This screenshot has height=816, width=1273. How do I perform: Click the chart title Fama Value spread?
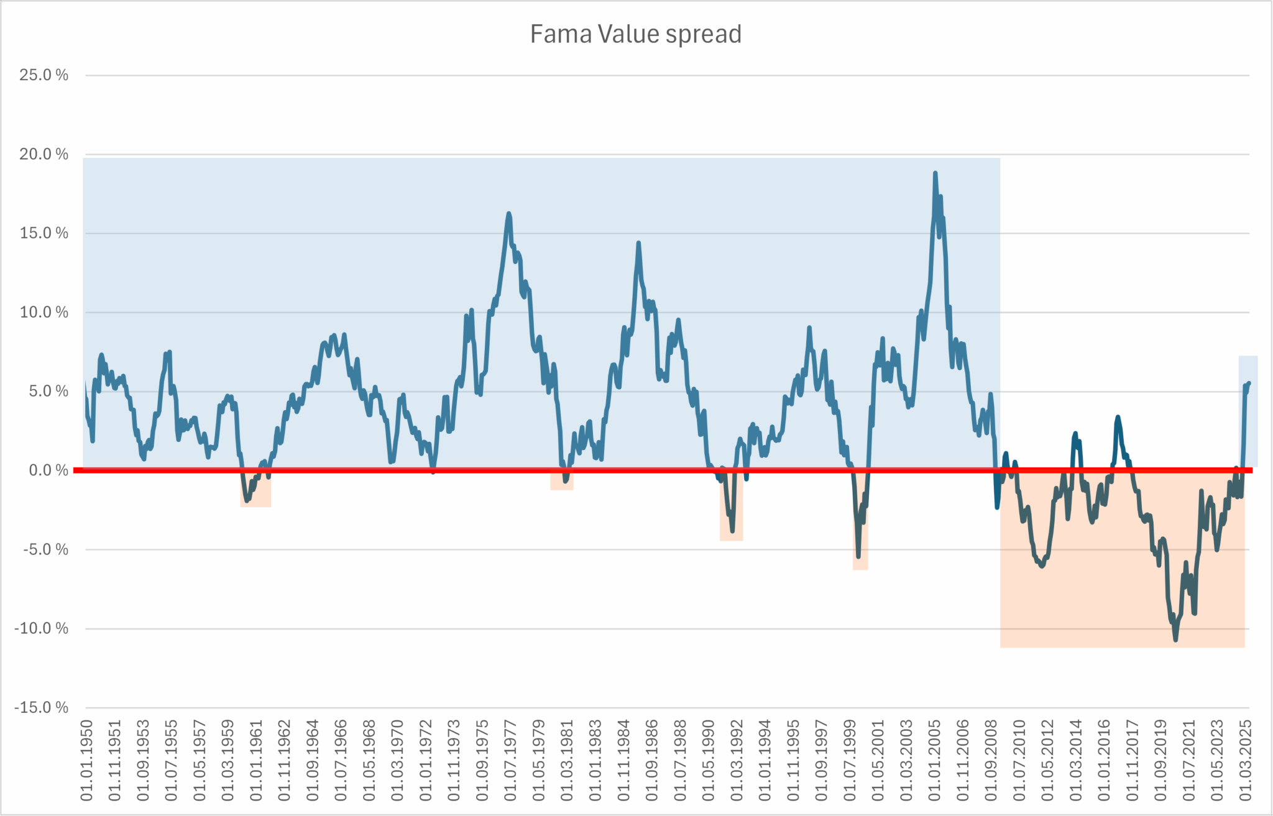tap(635, 34)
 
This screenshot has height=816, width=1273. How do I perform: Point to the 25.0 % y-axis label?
tap(44, 75)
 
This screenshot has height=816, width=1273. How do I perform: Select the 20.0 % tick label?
tap(44, 154)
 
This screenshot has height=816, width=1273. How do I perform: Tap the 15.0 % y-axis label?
tap(44, 233)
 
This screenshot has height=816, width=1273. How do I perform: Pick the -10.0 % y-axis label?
tap(41, 628)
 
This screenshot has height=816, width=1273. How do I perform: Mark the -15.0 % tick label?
tap(41, 707)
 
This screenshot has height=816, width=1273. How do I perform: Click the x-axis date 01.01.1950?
tap(86, 760)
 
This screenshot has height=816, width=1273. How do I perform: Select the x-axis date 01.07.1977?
tap(510, 760)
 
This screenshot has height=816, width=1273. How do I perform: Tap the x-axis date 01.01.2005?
tap(934, 760)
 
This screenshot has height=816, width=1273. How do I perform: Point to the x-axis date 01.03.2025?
tap(1245, 760)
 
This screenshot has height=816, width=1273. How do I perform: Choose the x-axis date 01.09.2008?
tap(991, 760)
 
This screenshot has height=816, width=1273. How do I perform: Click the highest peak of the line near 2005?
tap(935, 173)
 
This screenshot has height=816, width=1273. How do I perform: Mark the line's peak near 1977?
tap(508, 214)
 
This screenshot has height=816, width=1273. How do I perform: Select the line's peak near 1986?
tap(638, 243)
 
